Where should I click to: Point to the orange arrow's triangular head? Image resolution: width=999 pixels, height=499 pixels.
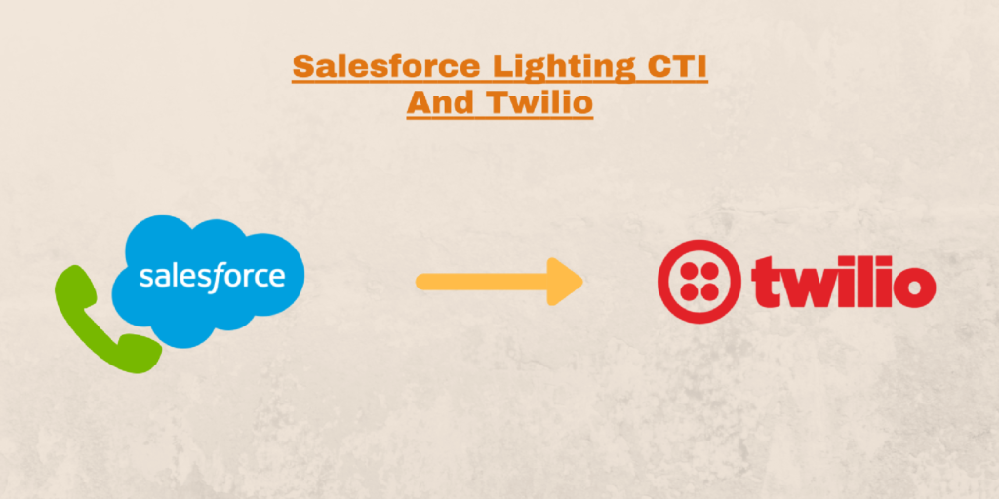(566, 282)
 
